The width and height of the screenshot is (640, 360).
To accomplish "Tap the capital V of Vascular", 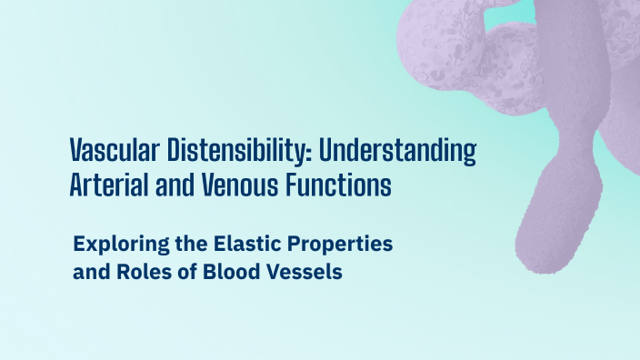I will coord(77,150).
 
